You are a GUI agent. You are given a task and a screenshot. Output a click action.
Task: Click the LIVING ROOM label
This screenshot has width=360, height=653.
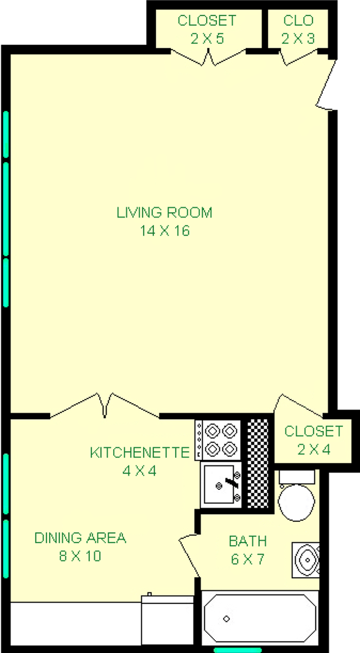(164, 213)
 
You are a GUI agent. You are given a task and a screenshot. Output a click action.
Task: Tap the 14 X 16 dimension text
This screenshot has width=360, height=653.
(164, 231)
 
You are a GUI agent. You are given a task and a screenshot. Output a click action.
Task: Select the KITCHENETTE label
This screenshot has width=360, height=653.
(139, 452)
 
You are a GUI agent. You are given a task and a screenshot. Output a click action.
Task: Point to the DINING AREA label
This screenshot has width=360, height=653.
(80, 538)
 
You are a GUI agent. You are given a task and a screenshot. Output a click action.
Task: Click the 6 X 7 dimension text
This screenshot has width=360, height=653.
(247, 560)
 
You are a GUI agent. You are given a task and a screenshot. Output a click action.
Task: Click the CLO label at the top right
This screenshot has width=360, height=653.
(298, 21)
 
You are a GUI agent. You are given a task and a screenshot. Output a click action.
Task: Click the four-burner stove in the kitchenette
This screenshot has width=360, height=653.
(218, 440)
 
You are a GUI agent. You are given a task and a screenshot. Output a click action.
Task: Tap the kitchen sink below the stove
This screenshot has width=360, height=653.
(221, 484)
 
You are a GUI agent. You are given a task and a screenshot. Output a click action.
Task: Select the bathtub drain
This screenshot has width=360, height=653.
(226, 619)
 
